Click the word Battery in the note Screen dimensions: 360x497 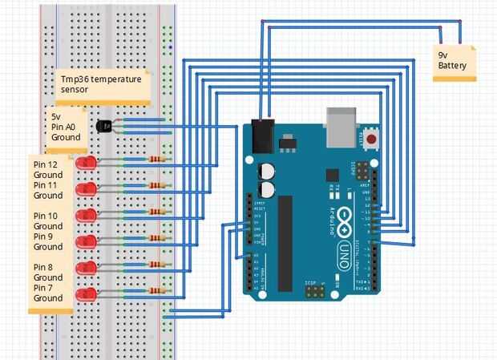click(452, 67)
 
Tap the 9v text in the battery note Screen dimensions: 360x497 click(443, 55)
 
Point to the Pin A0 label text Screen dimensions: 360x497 click(58, 127)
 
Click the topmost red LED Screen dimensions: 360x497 click(87, 164)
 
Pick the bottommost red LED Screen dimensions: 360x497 click(87, 293)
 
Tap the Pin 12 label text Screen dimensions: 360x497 click(46, 164)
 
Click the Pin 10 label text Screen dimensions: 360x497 click(46, 216)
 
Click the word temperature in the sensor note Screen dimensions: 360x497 click(119, 79)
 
